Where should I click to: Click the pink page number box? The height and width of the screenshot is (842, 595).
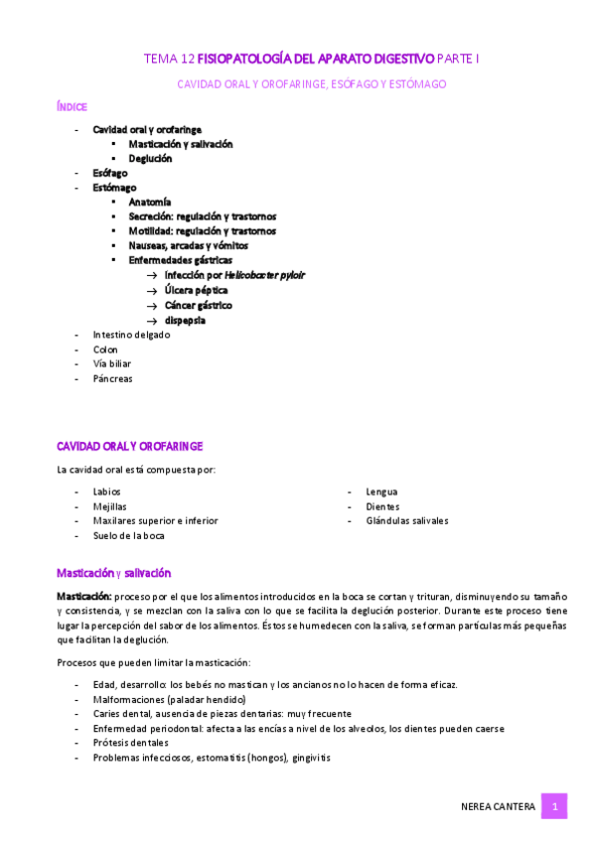click(553, 806)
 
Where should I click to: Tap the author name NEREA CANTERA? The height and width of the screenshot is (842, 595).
click(500, 807)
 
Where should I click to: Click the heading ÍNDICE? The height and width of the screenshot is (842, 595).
click(73, 106)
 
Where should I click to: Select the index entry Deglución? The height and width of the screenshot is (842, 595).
click(150, 158)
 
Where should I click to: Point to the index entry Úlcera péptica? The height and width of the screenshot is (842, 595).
click(196, 290)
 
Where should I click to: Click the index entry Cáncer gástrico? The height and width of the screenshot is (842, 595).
click(199, 305)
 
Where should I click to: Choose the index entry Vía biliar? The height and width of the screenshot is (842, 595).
click(112, 363)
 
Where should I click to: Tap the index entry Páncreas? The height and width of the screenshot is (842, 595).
click(112, 378)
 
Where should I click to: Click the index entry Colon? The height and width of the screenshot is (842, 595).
click(105, 350)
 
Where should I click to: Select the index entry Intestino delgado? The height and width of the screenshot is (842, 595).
click(131, 335)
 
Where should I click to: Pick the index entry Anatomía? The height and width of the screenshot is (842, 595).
click(150, 202)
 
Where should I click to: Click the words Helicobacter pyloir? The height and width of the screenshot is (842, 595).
click(264, 275)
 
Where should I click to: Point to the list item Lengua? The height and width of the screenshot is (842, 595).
click(381, 491)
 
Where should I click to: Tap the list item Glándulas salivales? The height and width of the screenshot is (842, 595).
click(406, 520)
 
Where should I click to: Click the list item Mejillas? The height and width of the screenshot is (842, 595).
click(109, 506)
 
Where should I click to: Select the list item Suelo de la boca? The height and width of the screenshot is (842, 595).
click(129, 535)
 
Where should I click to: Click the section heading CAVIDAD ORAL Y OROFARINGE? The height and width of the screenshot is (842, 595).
click(129, 447)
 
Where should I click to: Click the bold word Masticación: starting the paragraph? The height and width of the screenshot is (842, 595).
click(83, 595)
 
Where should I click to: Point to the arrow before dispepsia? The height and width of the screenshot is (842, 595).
click(152, 321)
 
